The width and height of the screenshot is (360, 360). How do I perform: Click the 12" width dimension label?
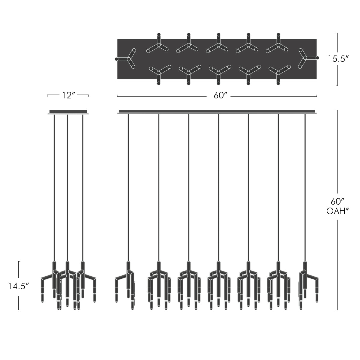68,95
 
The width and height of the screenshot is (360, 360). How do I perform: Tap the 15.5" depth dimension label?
337,59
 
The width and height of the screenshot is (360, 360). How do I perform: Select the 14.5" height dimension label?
19,286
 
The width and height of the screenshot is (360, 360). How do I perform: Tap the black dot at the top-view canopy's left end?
116,59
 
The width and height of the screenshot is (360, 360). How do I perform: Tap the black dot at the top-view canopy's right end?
317,58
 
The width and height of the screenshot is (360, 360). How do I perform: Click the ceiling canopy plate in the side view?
68,112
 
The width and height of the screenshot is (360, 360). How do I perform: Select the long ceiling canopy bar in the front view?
217,112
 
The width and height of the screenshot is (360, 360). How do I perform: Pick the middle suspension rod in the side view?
67,186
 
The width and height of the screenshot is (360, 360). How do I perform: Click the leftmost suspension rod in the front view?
128,186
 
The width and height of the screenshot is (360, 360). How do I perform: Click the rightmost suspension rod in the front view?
305,186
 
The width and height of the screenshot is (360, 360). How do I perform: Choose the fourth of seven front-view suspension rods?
218,186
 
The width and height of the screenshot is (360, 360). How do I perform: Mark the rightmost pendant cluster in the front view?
307,285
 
